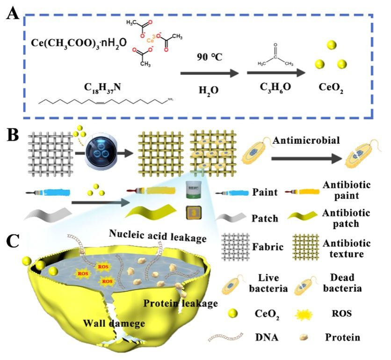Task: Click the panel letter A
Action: pos(12,15)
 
